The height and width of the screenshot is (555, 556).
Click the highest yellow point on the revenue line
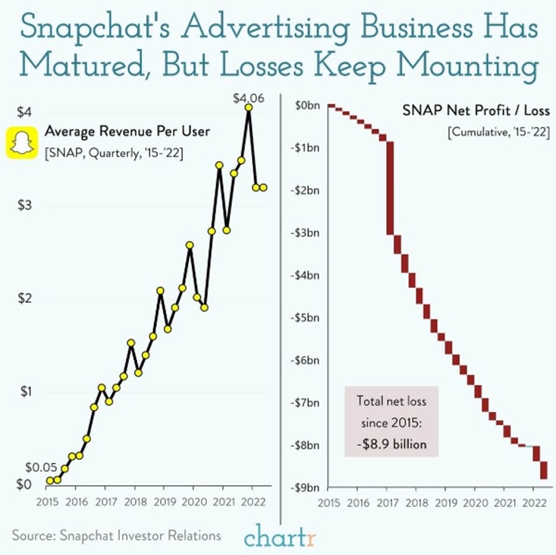pos(248,108)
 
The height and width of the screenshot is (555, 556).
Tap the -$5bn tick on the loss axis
pos(305,317)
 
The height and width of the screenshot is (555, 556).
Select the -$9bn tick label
pos(305,487)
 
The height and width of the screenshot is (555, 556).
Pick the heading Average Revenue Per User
pos(127,131)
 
